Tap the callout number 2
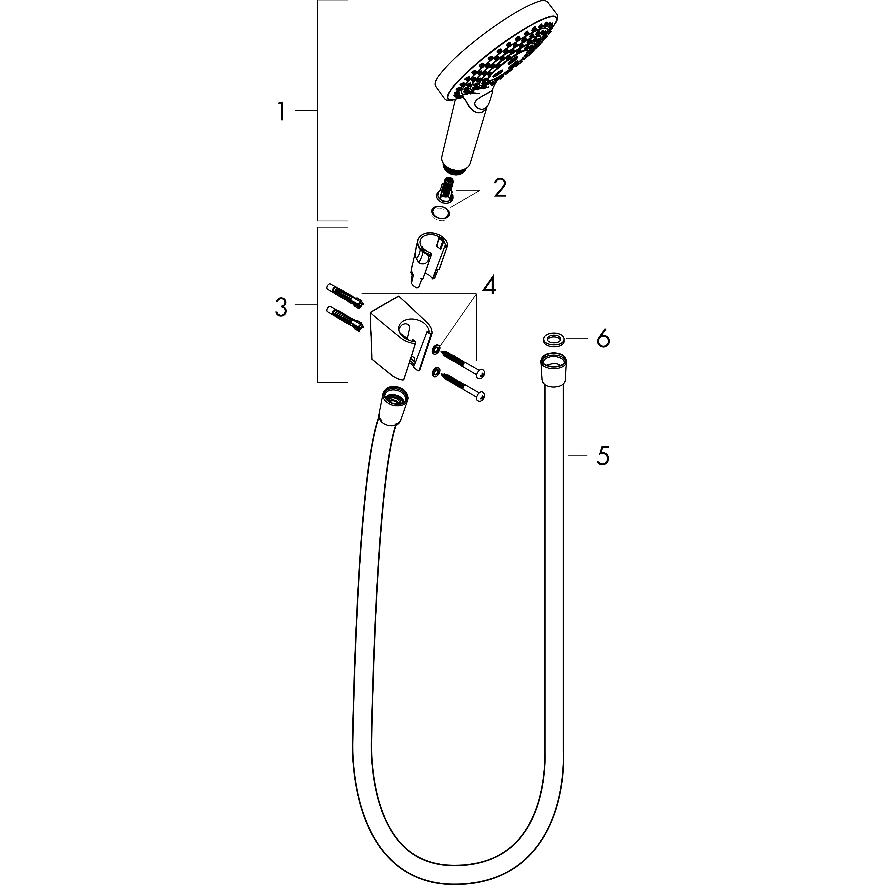[500, 188]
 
